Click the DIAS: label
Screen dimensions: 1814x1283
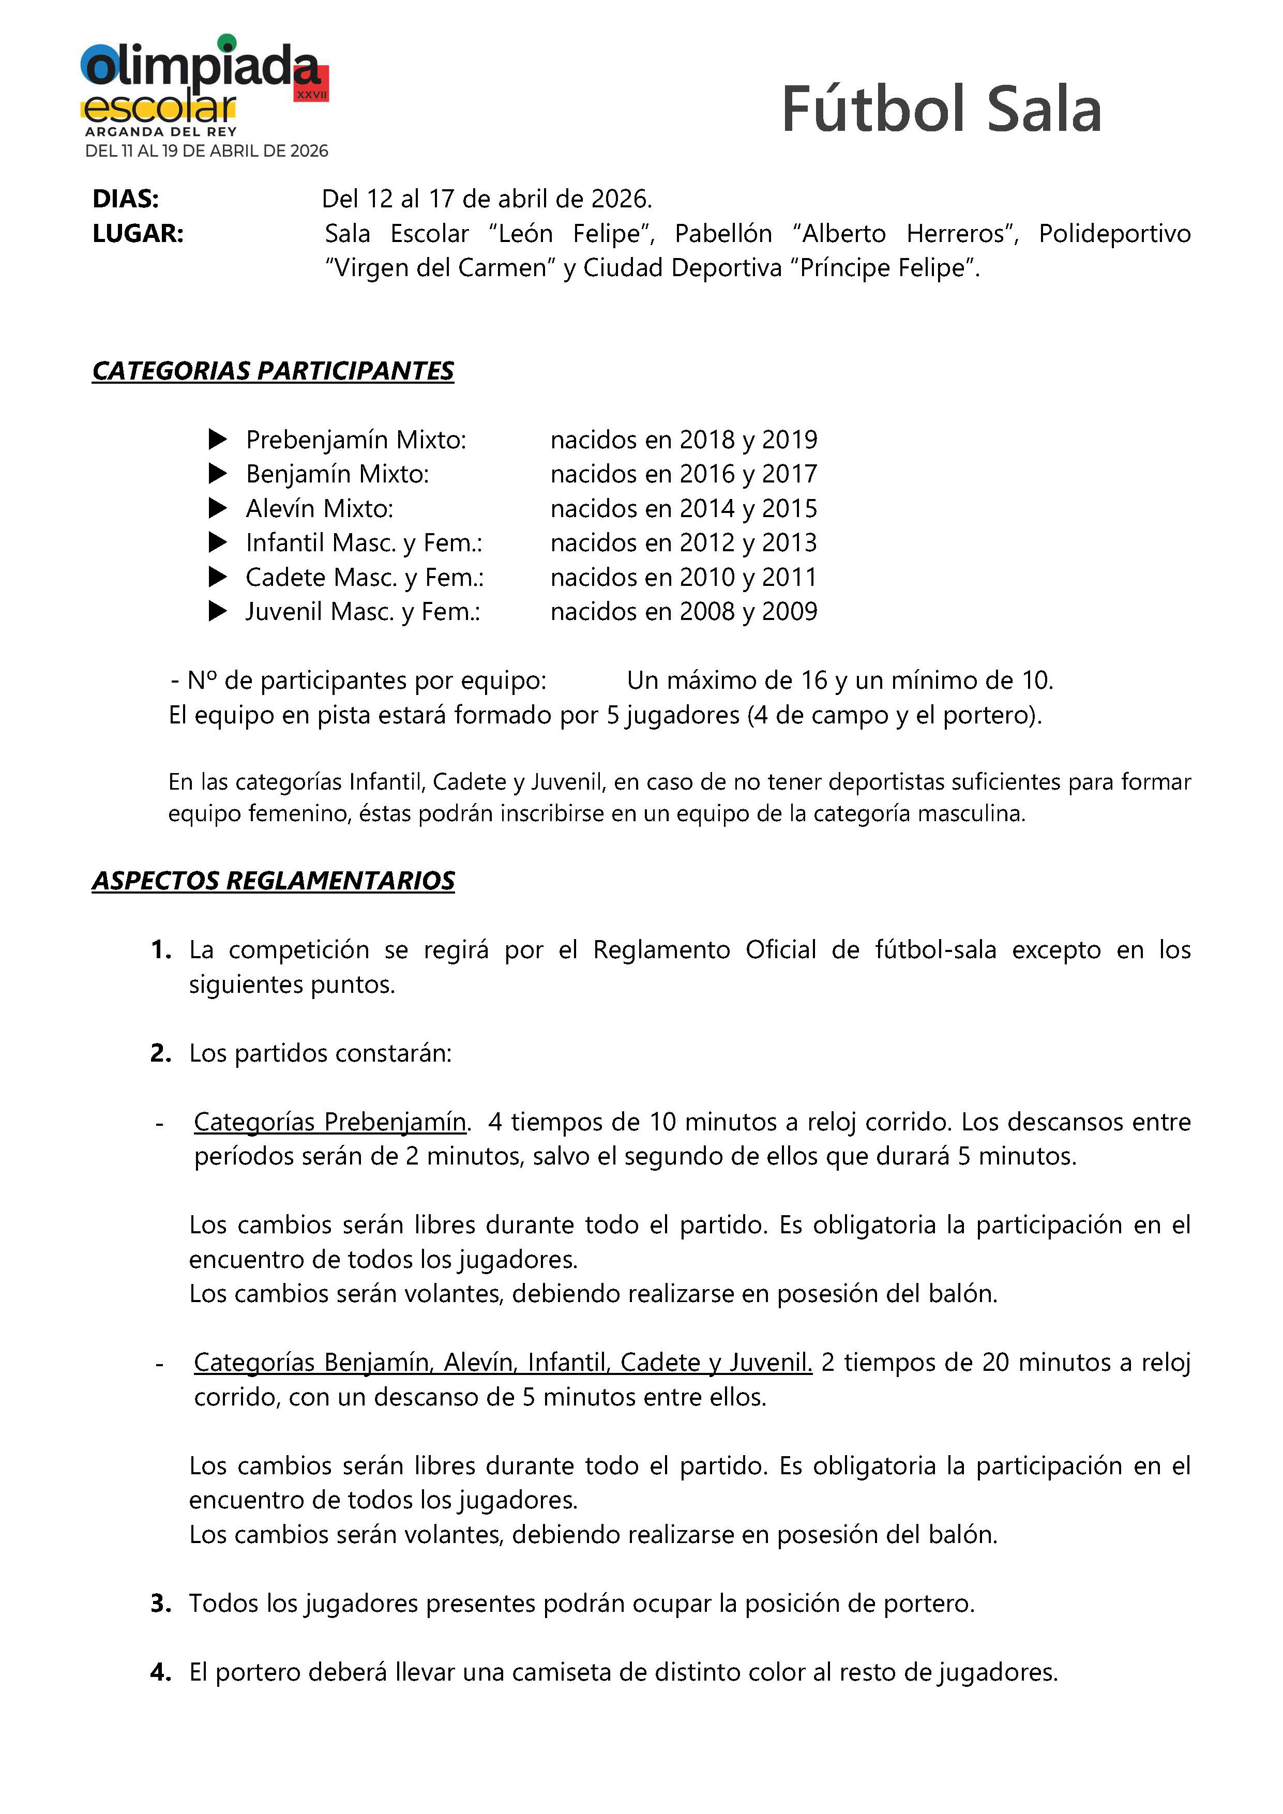pos(126,199)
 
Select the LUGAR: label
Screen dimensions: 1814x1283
pos(138,234)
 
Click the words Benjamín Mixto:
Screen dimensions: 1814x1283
pos(337,474)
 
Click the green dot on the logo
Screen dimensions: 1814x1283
pos(227,41)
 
